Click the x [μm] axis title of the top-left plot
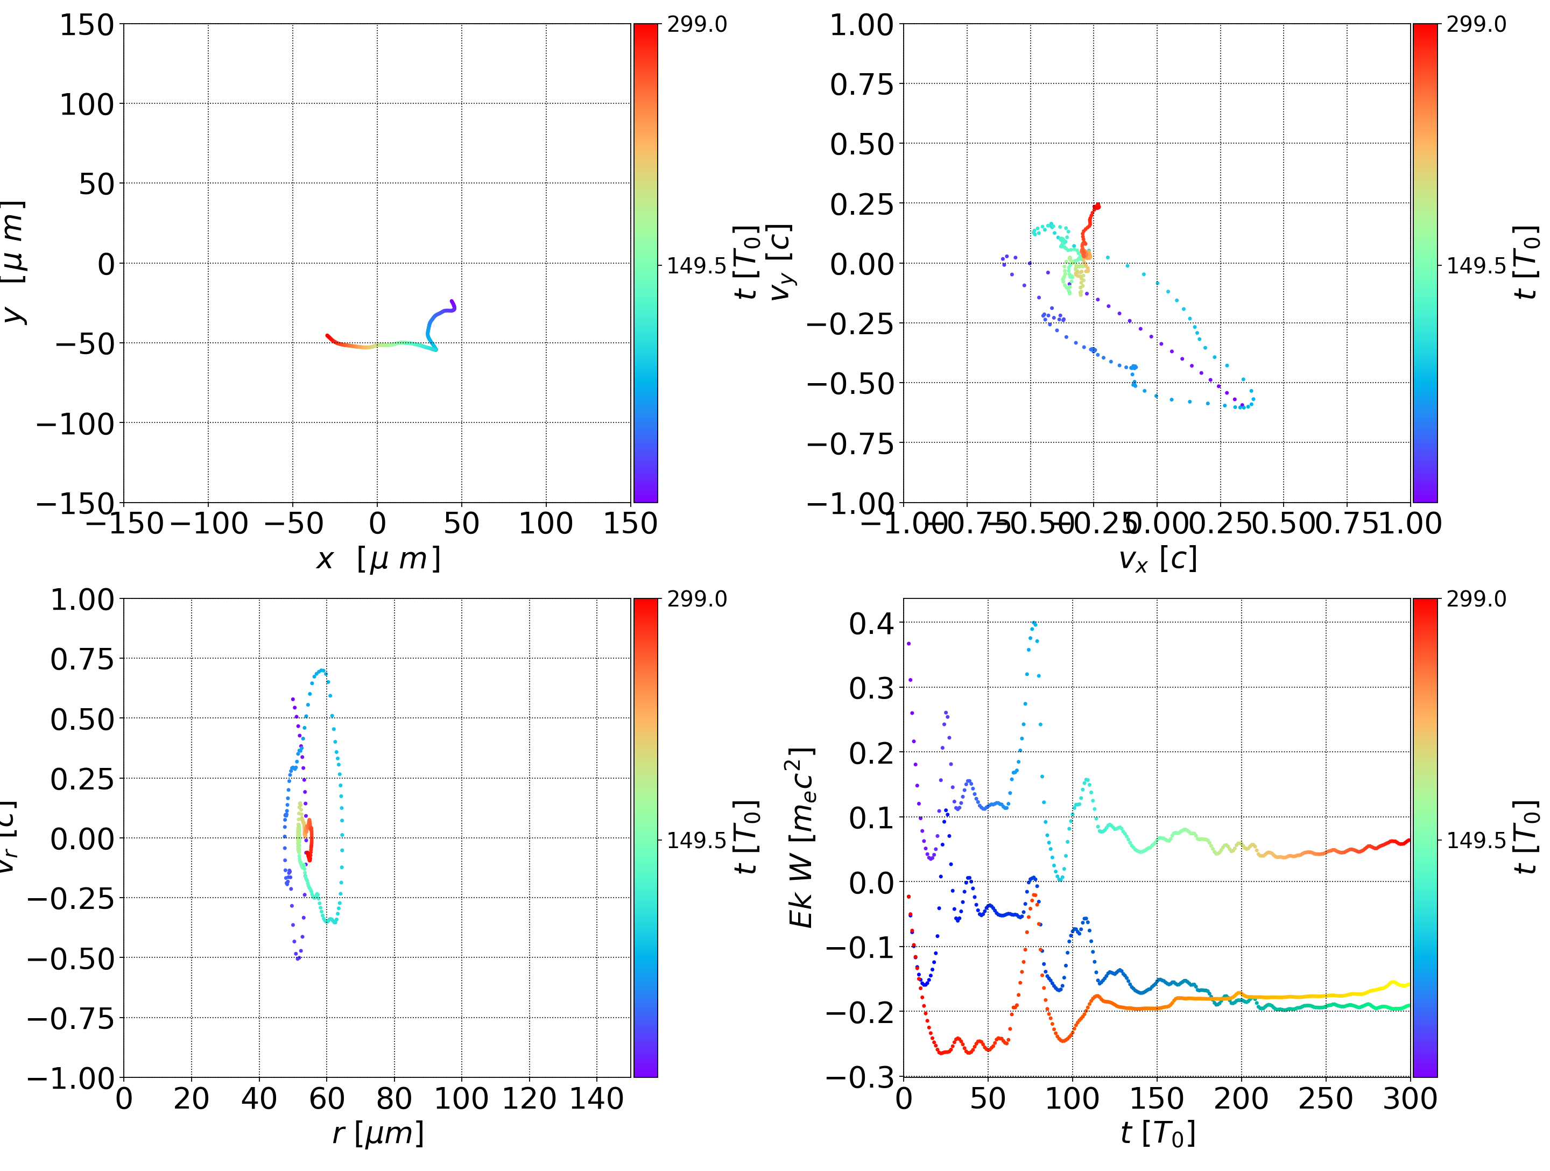point(378,559)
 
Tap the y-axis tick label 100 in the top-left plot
point(86,104)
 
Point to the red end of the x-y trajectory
point(328,336)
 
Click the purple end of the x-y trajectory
point(452,302)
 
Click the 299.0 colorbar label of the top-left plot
point(696,25)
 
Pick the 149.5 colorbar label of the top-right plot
point(1476,266)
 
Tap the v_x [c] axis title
point(1157,559)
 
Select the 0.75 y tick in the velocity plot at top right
point(862,84)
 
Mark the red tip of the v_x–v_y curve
point(1097,206)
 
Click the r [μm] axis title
point(378,1134)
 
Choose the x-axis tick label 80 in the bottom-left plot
point(394,1098)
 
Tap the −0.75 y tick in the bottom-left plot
point(70,1018)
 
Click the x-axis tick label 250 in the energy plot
point(1326,1098)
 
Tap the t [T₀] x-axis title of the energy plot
point(1157,1134)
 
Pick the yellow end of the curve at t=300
point(1407,985)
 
